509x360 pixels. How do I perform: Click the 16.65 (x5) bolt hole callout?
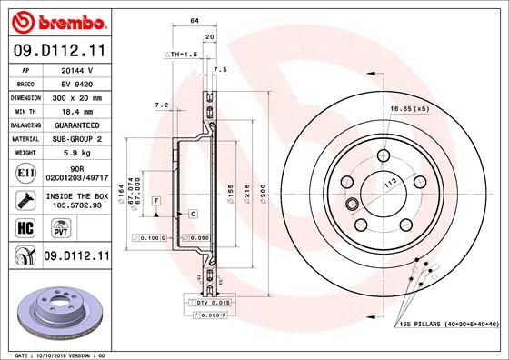tap(407, 109)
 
